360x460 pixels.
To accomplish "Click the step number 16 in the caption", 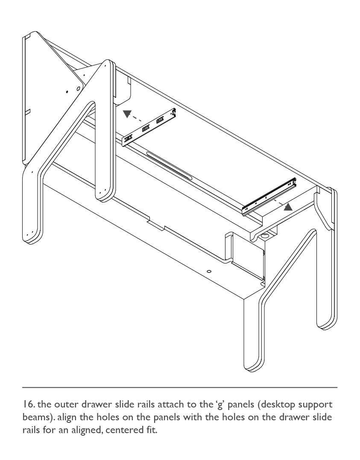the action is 29,404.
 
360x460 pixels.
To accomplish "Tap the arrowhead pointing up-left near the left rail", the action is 127,114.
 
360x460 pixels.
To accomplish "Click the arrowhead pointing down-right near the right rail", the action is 288,207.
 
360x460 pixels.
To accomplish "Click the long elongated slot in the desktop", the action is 169,166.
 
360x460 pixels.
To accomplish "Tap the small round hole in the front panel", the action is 209,272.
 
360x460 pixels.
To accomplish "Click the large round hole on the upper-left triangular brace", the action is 78,88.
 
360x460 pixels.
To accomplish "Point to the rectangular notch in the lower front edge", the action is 156,224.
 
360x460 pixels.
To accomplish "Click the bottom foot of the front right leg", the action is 252,365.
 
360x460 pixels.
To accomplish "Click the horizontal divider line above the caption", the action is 180,387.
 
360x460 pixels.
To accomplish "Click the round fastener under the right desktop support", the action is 266,235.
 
